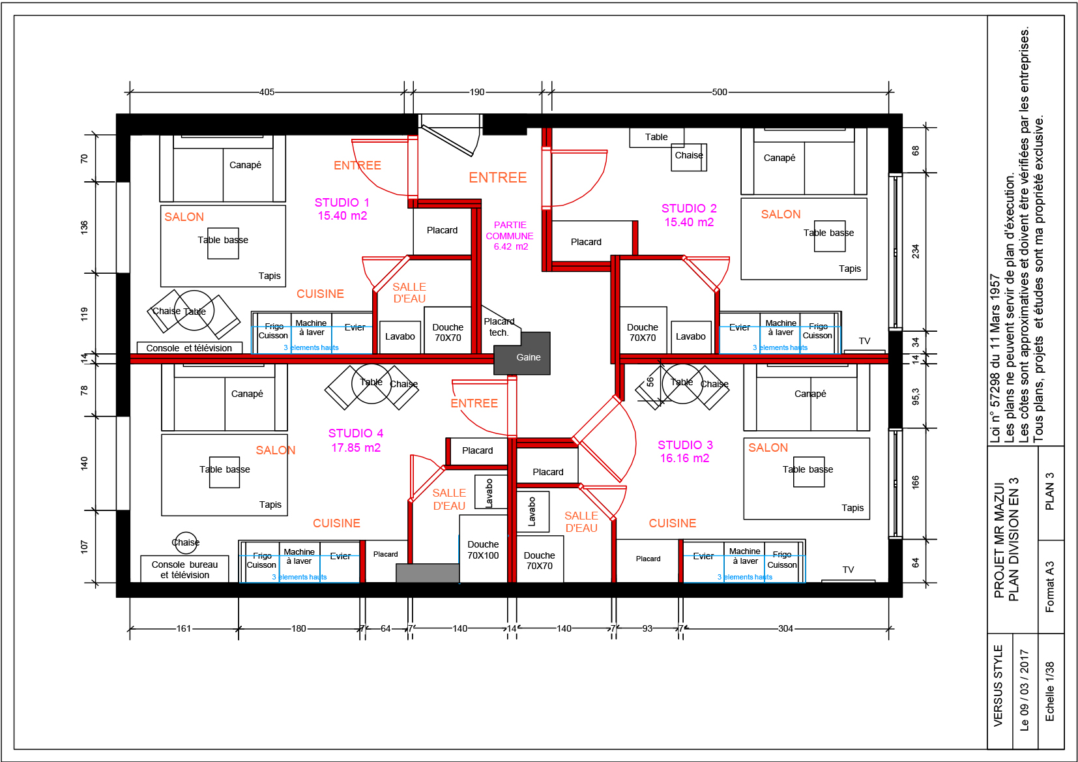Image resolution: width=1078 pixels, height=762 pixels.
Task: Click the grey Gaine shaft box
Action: click(x=522, y=353)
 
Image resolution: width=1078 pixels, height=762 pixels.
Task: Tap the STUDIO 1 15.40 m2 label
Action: click(x=342, y=209)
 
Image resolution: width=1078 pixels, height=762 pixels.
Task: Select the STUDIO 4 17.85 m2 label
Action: click(x=356, y=441)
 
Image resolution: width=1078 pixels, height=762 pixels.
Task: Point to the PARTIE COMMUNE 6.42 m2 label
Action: click(x=510, y=236)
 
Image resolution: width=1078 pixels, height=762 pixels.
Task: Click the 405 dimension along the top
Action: click(x=267, y=92)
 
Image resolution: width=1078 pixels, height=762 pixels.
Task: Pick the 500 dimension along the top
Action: click(x=720, y=92)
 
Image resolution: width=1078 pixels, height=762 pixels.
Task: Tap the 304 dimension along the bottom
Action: click(x=785, y=628)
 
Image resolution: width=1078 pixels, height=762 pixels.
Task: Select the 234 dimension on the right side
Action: click(x=915, y=251)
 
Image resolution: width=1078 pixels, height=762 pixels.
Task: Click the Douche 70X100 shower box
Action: click(x=483, y=549)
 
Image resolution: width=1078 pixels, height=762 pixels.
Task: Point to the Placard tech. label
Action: click(x=499, y=327)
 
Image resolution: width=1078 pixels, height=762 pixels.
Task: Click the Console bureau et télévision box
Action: click(x=184, y=569)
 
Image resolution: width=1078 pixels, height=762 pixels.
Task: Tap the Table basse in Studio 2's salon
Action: click(x=830, y=236)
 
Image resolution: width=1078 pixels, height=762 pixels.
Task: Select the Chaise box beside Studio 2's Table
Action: click(x=689, y=157)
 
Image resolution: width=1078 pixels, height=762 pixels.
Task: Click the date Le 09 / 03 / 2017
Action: click(x=1024, y=690)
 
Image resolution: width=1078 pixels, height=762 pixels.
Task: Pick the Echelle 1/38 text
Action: click(x=1049, y=691)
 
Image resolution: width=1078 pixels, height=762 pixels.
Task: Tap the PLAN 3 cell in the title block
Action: click(x=1050, y=492)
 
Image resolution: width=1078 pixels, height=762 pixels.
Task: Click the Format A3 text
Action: click(x=1049, y=587)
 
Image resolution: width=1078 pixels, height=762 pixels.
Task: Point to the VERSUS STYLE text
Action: click(x=998, y=686)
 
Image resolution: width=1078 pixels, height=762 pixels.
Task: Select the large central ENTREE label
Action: click(x=497, y=177)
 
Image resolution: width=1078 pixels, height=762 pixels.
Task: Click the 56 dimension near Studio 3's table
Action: click(x=650, y=382)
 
